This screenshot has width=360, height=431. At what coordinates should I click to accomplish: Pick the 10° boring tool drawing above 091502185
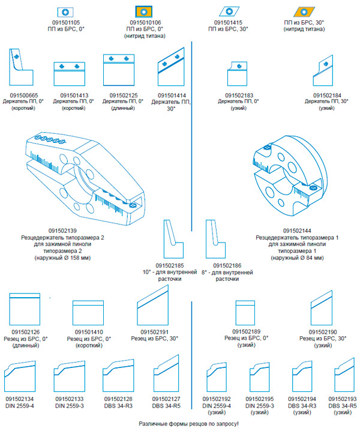click(x=172, y=240)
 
